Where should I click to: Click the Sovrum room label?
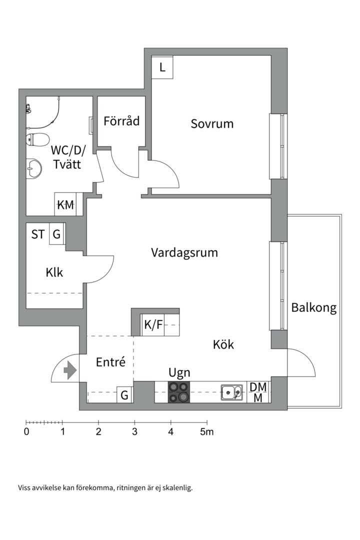[x=212, y=123]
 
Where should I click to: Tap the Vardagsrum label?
[x=184, y=252]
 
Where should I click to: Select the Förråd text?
[x=121, y=121]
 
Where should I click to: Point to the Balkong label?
[x=314, y=307]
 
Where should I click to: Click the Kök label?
[x=223, y=344]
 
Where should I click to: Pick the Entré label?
[x=110, y=362]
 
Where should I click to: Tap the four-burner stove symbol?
[x=179, y=392]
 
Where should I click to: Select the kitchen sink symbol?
[x=231, y=392]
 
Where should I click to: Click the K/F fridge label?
[x=153, y=325]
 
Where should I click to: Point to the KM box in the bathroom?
[x=65, y=204]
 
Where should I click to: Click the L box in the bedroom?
[x=162, y=68]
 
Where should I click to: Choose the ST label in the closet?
[x=38, y=234]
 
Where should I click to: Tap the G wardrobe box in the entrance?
[x=124, y=395]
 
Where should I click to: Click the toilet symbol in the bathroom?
[x=36, y=139]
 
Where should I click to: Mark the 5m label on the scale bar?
[x=206, y=431]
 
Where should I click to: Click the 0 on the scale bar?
[x=26, y=431]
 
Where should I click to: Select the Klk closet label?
[x=54, y=272]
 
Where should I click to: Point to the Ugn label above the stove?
[x=179, y=372]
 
